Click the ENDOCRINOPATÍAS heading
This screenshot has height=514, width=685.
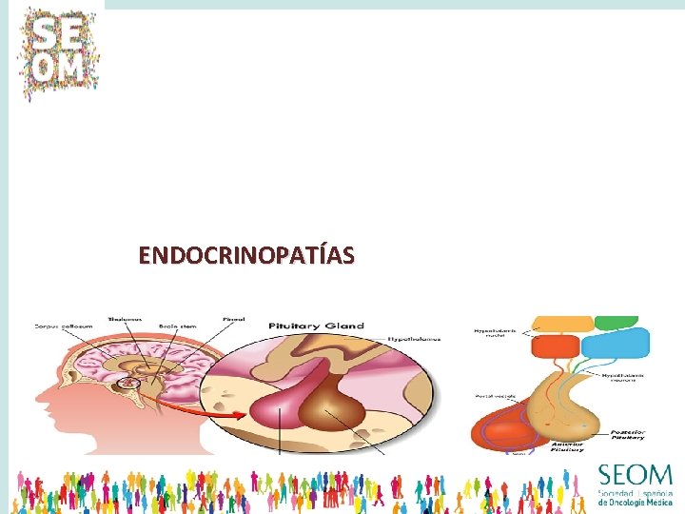[246, 255]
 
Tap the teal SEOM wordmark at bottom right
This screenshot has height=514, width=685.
[635, 475]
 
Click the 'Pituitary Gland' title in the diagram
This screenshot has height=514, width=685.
[315, 326]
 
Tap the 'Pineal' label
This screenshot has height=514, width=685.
[233, 319]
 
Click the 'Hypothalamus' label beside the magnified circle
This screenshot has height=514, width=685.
[411, 338]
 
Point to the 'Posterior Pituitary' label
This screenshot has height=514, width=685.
[627, 434]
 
